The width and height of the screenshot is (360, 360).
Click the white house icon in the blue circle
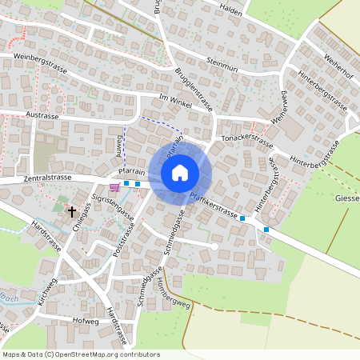coord(180,172)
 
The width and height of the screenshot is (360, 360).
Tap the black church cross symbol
coord(72,212)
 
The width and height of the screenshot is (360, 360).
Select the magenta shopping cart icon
coord(115,186)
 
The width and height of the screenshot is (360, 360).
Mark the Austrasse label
coord(43,116)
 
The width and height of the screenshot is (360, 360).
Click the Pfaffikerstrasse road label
coord(214,205)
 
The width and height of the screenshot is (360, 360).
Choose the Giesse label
coord(347,198)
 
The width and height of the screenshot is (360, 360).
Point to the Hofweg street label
coord(85,321)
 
